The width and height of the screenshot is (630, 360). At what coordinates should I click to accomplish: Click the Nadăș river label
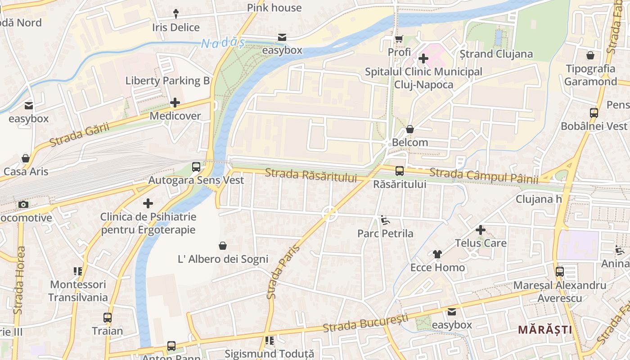[x=223, y=44]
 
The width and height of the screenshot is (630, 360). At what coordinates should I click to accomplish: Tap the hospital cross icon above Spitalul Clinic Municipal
[x=423, y=58]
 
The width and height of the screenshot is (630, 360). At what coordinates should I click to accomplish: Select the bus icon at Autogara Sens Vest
[x=196, y=167]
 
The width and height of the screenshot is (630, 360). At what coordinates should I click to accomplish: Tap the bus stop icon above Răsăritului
[x=399, y=171]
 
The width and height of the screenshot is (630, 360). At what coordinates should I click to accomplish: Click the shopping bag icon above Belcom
[x=409, y=130]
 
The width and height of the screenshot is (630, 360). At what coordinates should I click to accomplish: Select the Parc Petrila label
[x=385, y=234]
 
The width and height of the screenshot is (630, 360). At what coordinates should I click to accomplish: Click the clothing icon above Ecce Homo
[x=437, y=254]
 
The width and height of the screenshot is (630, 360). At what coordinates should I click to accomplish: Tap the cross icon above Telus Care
[x=481, y=230]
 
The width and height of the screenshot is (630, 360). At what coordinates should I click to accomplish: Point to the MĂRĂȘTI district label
[x=545, y=330]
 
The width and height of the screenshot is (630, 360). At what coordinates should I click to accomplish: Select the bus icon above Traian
[x=107, y=318]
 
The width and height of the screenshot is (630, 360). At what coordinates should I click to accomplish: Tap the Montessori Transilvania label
[x=78, y=291]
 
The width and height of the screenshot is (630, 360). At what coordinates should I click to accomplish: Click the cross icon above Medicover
[x=175, y=103]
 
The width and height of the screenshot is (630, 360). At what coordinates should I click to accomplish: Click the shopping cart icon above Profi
[x=399, y=39]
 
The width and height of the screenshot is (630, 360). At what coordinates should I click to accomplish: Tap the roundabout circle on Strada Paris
[x=330, y=214]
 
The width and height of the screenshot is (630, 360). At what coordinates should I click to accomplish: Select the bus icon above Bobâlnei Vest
[x=594, y=113]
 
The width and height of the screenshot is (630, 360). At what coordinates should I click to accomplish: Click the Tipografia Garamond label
[x=590, y=75]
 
